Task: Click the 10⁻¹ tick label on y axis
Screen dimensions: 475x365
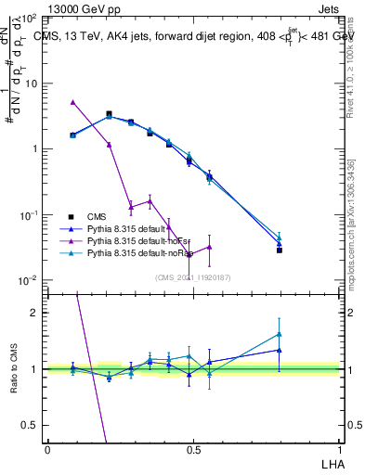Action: point(28,215)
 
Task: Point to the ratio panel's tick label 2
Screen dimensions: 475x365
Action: point(33,313)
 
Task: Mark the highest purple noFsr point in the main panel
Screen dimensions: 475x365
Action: point(73,102)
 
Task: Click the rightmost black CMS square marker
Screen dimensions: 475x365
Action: point(279,250)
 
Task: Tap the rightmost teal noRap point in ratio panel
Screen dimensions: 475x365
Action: point(279,334)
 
